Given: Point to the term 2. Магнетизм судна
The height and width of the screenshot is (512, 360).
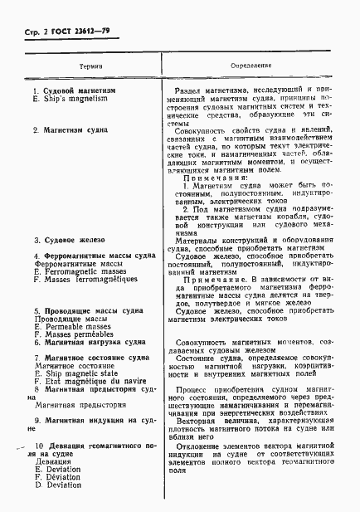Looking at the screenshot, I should click(69, 130).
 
